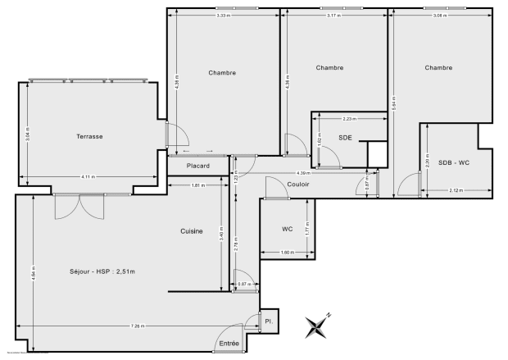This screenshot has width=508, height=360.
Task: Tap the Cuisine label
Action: [x=192, y=231]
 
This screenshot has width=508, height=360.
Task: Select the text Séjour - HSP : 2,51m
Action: [x=103, y=271]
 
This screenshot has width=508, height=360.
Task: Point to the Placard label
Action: [x=197, y=166]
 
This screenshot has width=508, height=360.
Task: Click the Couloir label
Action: [x=298, y=184]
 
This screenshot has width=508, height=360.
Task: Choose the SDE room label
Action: [x=345, y=138]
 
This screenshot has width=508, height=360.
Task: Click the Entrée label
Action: [x=229, y=343]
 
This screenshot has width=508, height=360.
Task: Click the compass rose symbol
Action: [x=317, y=326]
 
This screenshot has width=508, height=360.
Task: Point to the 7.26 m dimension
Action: [x=136, y=326]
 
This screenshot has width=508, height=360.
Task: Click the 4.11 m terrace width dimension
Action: [x=87, y=177]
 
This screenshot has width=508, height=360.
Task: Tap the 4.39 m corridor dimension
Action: [x=302, y=173]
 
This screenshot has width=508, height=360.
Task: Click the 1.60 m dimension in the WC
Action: [x=286, y=251]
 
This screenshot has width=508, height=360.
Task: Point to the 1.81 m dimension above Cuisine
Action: [x=197, y=185]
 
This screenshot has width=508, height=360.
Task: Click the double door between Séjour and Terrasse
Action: [x=79, y=206]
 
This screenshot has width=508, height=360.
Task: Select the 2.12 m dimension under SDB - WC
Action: [x=456, y=190]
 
